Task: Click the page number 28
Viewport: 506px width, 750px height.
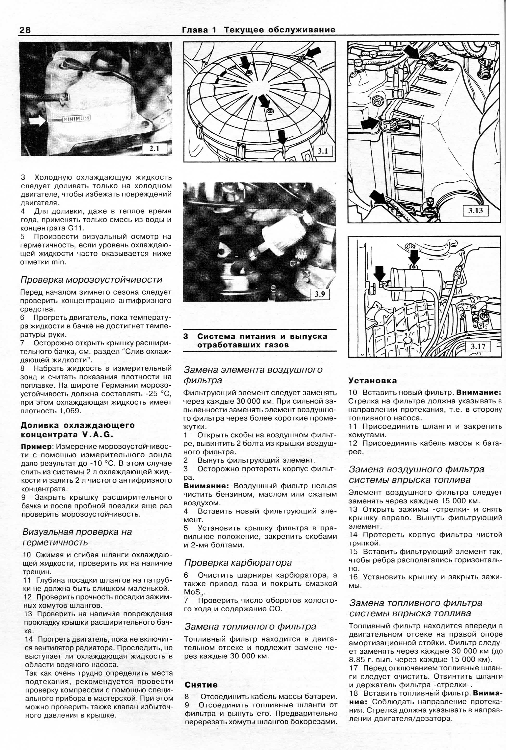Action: pos(25,30)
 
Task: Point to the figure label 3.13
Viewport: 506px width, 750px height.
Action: pos(475,211)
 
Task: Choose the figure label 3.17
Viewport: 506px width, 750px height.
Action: pos(478,347)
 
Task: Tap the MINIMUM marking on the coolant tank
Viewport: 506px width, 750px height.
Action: pos(76,119)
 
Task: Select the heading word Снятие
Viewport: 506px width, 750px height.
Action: pos(201,685)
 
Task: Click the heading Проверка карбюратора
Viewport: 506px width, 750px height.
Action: pos(238,563)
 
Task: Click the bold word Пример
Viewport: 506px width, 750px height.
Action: pos(36,446)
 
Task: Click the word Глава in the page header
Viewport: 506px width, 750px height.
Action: pos(195,30)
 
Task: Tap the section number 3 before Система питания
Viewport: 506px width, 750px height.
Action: pos(186,336)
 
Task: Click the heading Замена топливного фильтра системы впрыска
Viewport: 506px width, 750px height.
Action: pos(415,608)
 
